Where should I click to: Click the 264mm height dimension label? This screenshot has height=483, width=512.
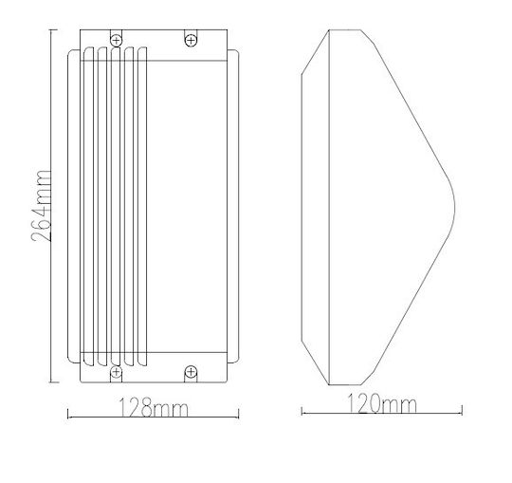click(x=42, y=206)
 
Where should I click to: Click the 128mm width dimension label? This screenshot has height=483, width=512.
click(x=153, y=407)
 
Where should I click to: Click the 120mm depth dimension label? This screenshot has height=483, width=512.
click(x=381, y=403)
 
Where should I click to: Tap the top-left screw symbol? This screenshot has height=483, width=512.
click(x=116, y=41)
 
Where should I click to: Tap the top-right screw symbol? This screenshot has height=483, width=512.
click(x=191, y=41)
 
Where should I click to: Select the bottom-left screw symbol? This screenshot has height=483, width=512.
click(x=116, y=372)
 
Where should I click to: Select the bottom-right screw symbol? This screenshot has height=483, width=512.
click(x=191, y=372)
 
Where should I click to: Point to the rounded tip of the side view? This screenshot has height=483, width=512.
click(x=454, y=207)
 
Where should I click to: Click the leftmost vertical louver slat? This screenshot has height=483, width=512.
click(x=88, y=207)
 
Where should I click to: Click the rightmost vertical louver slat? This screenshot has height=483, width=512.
click(x=142, y=207)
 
